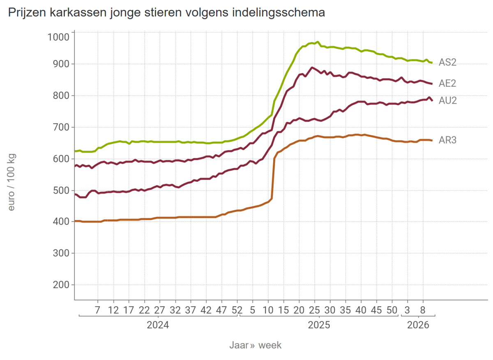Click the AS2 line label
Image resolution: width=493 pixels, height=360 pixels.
point(447,62)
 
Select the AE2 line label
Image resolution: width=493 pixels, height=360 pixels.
point(447,83)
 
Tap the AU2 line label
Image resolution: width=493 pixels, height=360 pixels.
point(447,100)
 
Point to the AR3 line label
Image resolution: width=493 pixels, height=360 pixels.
point(447,140)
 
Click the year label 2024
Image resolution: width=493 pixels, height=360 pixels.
point(158,325)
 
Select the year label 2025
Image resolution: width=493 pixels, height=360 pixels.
point(319,325)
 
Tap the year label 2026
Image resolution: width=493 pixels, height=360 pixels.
point(418,325)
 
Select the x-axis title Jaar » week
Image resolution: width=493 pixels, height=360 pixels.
point(256,345)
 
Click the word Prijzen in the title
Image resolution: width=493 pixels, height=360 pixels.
point(26,13)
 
